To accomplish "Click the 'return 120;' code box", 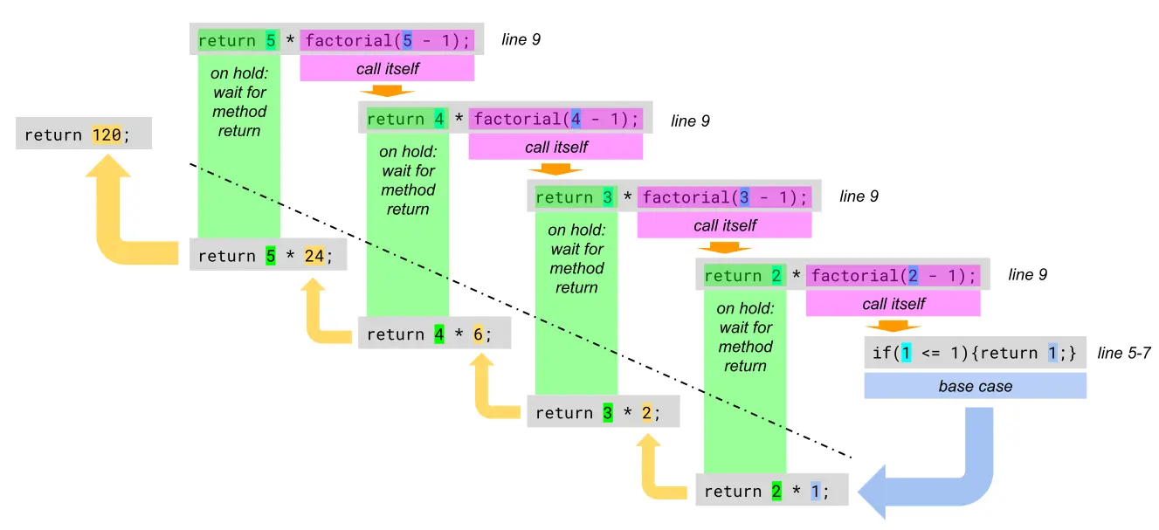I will click(84, 135).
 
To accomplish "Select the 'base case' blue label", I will click(975, 386).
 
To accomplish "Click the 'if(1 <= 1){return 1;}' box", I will click(975, 354).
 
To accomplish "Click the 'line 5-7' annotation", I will click(1126, 353).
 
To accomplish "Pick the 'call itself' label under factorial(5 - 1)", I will click(387, 68).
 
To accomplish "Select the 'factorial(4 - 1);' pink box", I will click(555, 118).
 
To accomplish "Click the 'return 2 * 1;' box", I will click(772, 491).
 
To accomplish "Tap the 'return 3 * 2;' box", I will click(603, 412).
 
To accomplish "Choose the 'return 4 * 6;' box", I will click(434, 334).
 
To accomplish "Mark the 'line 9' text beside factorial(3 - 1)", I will click(859, 196).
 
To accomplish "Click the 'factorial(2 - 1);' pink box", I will click(893, 275).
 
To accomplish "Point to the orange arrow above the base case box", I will click(893, 327).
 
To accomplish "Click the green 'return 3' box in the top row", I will click(574, 197).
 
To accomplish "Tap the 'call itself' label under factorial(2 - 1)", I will click(893, 304).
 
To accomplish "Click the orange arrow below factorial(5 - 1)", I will click(387, 91).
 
